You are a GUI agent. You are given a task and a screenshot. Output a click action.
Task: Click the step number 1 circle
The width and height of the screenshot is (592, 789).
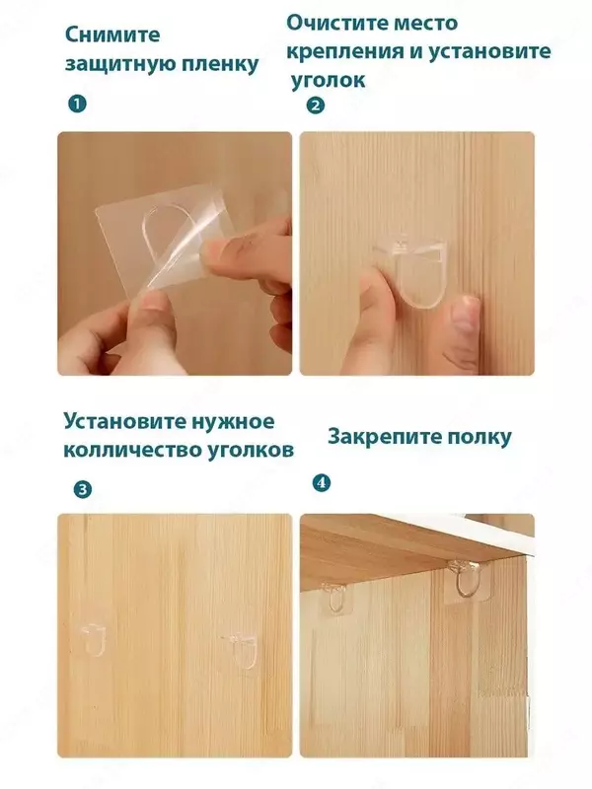pyautogui.click(x=76, y=103)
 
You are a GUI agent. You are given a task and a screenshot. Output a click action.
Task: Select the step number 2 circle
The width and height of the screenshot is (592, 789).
pyautogui.click(x=315, y=107)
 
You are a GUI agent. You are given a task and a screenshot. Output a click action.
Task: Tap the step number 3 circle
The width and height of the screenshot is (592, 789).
pyautogui.click(x=83, y=488)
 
